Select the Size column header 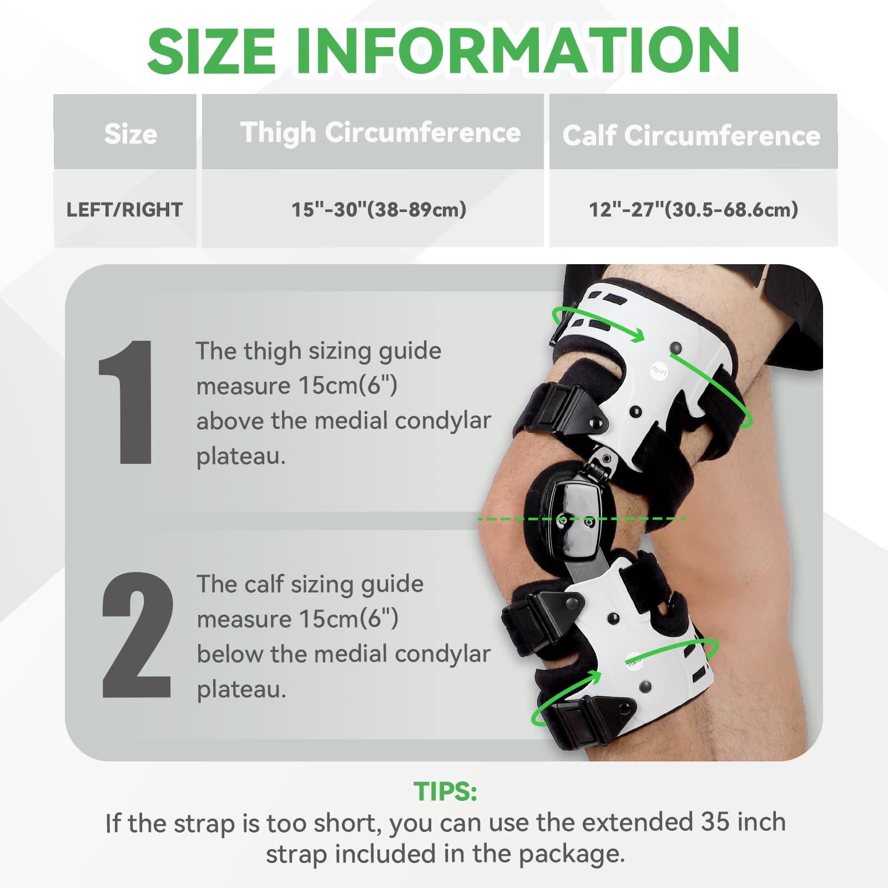pyautogui.click(x=130, y=134)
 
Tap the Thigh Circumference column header pyautogui.click(x=380, y=133)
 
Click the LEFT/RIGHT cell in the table pyautogui.click(x=124, y=210)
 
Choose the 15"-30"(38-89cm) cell pyautogui.click(x=379, y=209)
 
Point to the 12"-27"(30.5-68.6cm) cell pyautogui.click(x=693, y=209)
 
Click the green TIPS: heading pyautogui.click(x=445, y=791)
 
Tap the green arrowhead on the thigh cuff pyautogui.click(x=637, y=335)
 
